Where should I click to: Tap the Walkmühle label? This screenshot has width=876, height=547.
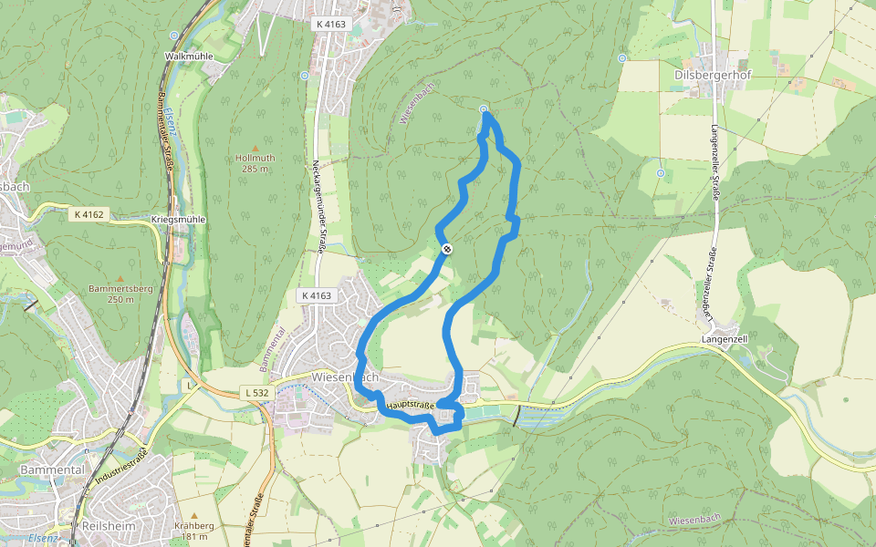coord(188,56)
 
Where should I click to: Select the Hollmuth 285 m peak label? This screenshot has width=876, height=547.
coord(255,163)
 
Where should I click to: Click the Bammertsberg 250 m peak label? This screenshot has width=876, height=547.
coord(120,294)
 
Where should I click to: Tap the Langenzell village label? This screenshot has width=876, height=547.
coord(725,338)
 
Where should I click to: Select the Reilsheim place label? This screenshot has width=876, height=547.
coord(109,527)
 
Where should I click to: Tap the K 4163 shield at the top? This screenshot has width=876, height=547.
coord(328,24)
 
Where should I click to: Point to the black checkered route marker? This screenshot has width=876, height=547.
coord(447,249)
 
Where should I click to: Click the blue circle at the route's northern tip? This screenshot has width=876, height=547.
coord(484,109)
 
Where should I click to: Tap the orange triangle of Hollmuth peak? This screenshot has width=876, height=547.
coord(255,148)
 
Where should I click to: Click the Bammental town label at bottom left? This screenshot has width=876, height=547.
coord(52,470)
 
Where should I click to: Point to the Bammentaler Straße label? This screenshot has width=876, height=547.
coord(165,123)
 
